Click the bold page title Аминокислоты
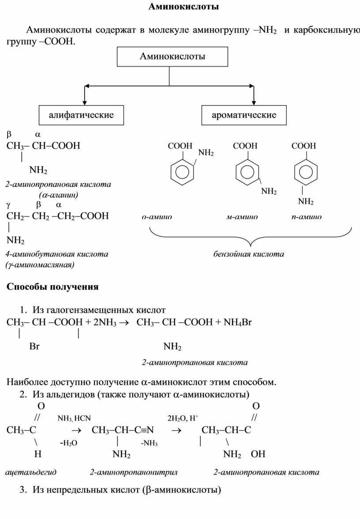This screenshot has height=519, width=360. [184, 7]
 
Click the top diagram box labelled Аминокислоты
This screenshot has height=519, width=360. [172, 56]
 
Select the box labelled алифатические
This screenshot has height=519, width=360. [81, 115]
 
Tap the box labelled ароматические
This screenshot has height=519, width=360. [244, 115]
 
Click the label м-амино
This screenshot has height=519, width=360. [242, 217]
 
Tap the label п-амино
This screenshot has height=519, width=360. [306, 217]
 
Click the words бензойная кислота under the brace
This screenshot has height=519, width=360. [249, 254]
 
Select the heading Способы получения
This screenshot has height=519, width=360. [52, 287]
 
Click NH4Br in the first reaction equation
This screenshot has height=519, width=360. [238, 322]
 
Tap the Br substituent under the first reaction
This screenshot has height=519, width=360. [34, 347]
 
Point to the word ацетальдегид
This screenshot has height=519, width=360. [31, 472]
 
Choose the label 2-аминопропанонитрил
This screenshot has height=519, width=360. [133, 472]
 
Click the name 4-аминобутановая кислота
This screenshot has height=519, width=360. [56, 254]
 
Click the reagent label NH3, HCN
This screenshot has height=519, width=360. [74, 418]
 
